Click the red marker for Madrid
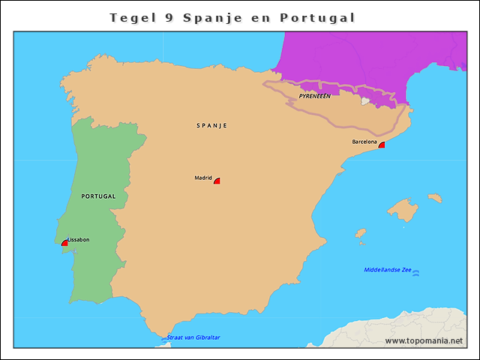(217, 181)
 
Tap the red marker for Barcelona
(381, 145)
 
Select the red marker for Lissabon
(64, 243)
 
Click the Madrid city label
(203, 178)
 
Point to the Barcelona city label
(364, 141)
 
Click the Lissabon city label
(79, 239)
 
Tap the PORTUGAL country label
(98, 196)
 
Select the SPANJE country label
(211, 125)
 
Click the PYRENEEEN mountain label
(314, 96)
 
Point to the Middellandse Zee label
(387, 270)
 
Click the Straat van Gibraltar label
(193, 337)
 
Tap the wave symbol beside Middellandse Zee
(416, 273)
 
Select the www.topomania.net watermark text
(424, 340)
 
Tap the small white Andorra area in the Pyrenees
(364, 100)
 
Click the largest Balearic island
(403, 210)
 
